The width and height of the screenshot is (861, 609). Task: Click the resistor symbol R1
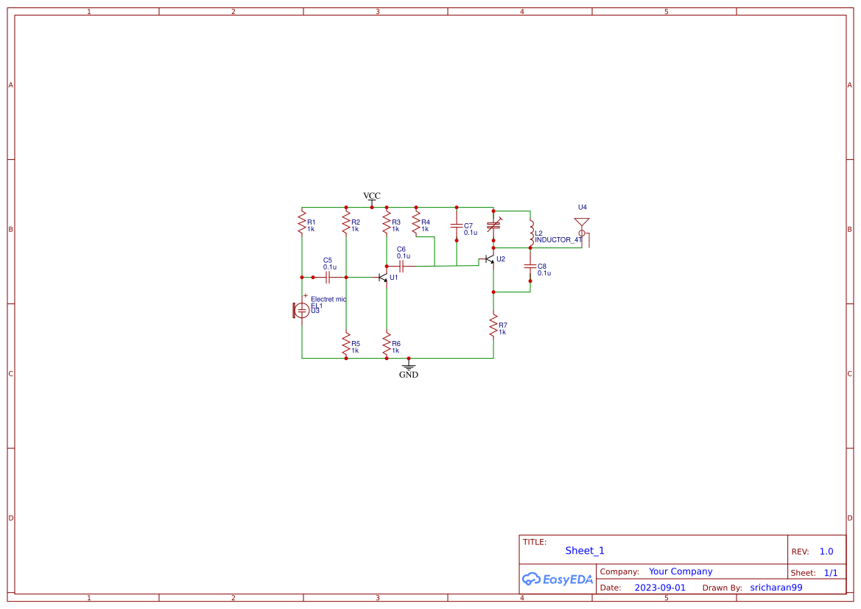(301, 222)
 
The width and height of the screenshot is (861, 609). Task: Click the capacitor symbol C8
(530, 266)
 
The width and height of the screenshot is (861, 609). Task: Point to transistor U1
(383, 278)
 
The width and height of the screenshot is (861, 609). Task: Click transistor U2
(489, 260)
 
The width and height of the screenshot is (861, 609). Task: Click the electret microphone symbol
(301, 310)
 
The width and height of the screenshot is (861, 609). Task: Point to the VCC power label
(372, 196)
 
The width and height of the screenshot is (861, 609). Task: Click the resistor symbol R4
(415, 222)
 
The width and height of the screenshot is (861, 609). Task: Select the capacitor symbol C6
(401, 266)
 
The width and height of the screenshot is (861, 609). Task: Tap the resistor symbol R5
(345, 342)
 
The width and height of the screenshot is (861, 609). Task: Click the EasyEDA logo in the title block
(557, 579)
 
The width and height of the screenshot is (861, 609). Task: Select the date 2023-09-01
(659, 588)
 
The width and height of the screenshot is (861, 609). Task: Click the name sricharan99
(776, 588)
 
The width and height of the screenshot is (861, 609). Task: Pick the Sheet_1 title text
(585, 551)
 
